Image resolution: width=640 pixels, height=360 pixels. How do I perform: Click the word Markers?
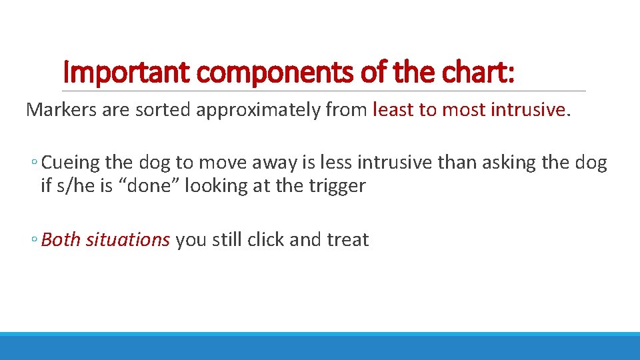click(x=61, y=110)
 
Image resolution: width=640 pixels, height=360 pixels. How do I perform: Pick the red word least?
click(x=393, y=110)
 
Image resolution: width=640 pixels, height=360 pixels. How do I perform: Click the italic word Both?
click(x=61, y=240)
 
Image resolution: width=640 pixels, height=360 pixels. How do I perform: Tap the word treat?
click(x=347, y=240)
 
